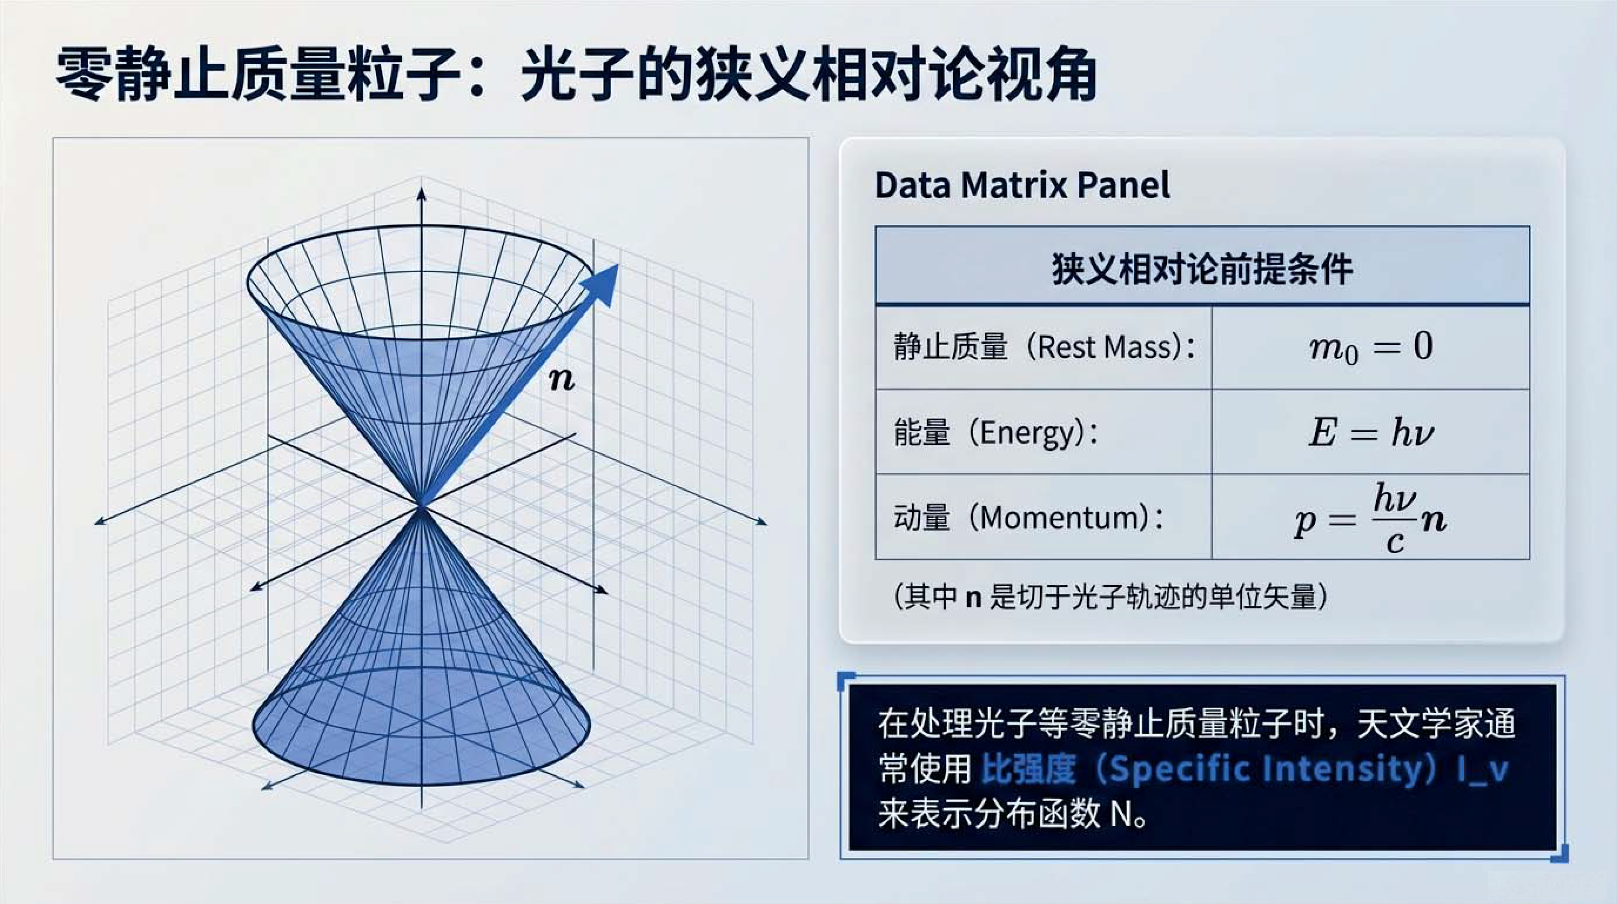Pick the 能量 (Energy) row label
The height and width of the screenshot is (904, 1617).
[996, 432]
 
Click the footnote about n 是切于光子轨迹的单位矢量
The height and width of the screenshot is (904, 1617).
[1110, 596]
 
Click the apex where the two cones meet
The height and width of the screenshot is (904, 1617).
[421, 506]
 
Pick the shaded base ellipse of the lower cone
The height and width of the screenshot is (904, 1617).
[421, 726]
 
